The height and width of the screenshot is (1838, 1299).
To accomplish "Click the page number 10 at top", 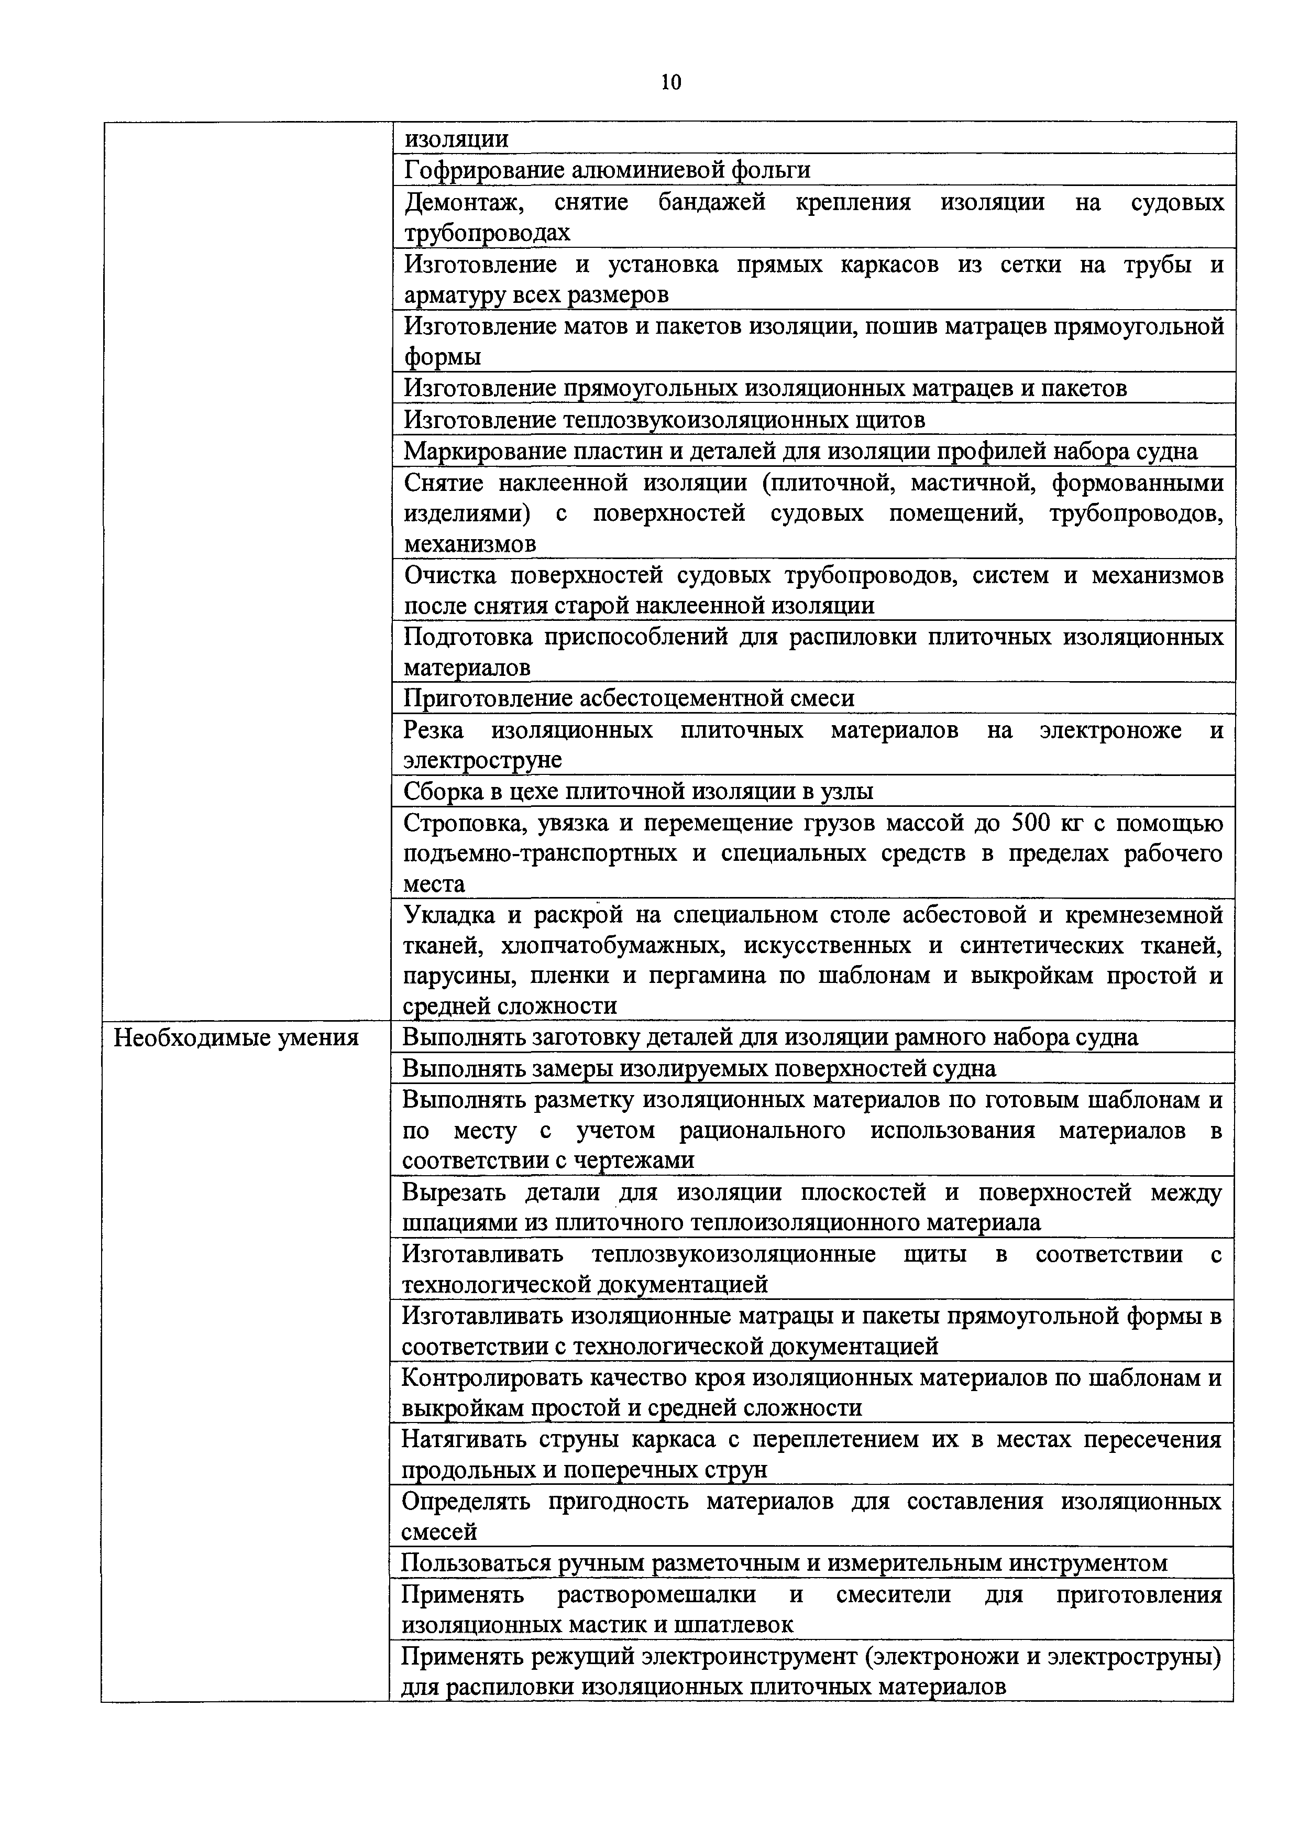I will click(x=670, y=82).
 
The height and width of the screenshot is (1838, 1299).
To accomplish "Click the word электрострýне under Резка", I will click(x=482, y=759).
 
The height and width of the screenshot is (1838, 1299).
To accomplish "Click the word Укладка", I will click(x=449, y=914).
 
